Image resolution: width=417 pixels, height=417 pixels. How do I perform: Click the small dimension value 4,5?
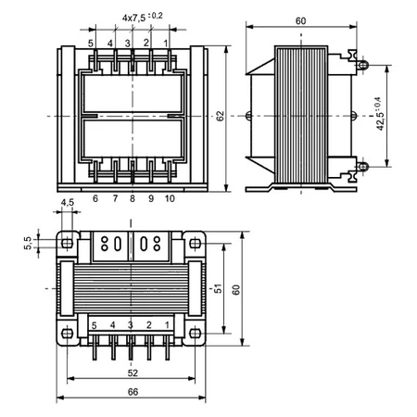67,202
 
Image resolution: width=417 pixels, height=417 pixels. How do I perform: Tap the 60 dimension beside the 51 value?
236,289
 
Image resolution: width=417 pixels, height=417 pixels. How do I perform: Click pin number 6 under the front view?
95,198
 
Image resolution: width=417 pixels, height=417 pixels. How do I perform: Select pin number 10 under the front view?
169,198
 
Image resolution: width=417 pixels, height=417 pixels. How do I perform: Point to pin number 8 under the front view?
133,198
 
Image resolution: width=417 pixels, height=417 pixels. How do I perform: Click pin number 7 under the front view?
115,198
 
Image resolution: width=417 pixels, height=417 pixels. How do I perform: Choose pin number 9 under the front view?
150,198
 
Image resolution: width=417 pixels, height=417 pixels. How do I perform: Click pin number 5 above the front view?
91,43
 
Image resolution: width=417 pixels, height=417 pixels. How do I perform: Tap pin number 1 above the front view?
167,43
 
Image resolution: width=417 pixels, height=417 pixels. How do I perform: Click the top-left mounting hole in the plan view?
66,240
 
